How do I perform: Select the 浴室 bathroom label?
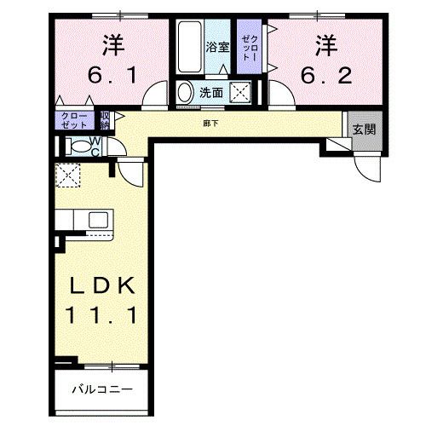point(217,48)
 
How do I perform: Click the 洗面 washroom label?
point(211,92)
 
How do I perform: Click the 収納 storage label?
point(105,118)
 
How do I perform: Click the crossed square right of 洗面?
point(242,92)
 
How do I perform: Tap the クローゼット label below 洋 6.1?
point(73,119)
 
